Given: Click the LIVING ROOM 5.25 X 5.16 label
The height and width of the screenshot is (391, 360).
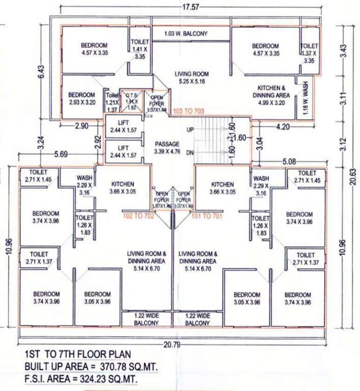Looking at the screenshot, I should pos(191,77).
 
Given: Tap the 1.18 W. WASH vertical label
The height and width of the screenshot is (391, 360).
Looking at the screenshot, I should pos(306,97).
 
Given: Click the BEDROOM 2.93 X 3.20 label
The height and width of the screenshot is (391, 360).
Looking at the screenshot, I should pos(81,98).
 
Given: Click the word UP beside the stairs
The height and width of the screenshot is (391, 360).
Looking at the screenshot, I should pos(190,130).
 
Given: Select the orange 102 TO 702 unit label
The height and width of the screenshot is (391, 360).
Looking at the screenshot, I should pos(139,215).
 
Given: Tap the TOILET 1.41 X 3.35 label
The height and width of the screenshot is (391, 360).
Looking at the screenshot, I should pos(140,49).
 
